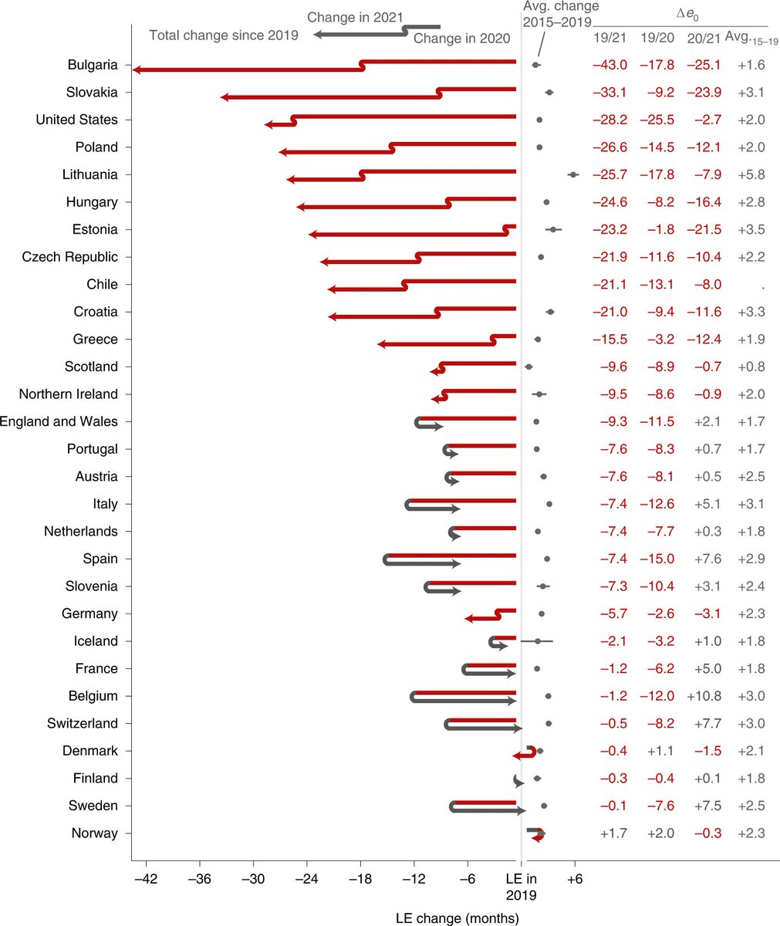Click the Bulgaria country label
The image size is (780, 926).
point(93,65)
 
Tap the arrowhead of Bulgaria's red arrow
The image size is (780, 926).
point(136,70)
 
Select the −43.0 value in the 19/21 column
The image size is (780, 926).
point(609,65)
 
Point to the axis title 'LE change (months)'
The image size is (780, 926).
point(457,918)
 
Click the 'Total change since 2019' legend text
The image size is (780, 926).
point(223,35)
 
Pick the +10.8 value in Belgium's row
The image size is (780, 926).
point(704,696)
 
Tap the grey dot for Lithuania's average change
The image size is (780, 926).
point(573,175)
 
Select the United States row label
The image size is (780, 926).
point(77,120)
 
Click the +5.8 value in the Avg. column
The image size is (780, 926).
point(751,174)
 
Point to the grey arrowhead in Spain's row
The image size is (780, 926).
point(457,564)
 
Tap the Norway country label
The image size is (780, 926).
point(94,833)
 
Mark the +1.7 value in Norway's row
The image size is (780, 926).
point(613,833)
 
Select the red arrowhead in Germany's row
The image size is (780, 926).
point(468,619)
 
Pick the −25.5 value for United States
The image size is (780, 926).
point(657,120)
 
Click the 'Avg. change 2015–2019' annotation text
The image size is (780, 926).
point(555,15)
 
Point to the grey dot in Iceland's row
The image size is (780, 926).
point(538,641)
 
